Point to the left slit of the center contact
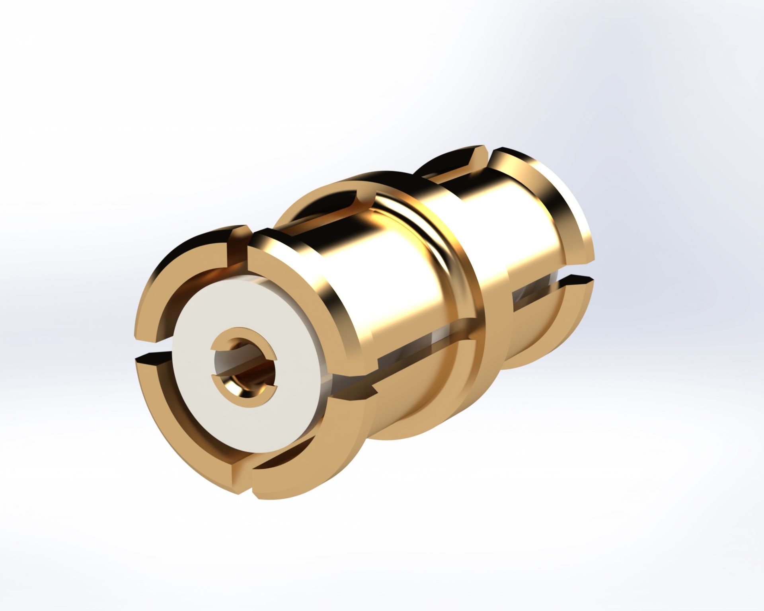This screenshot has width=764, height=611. (x=218, y=373)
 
